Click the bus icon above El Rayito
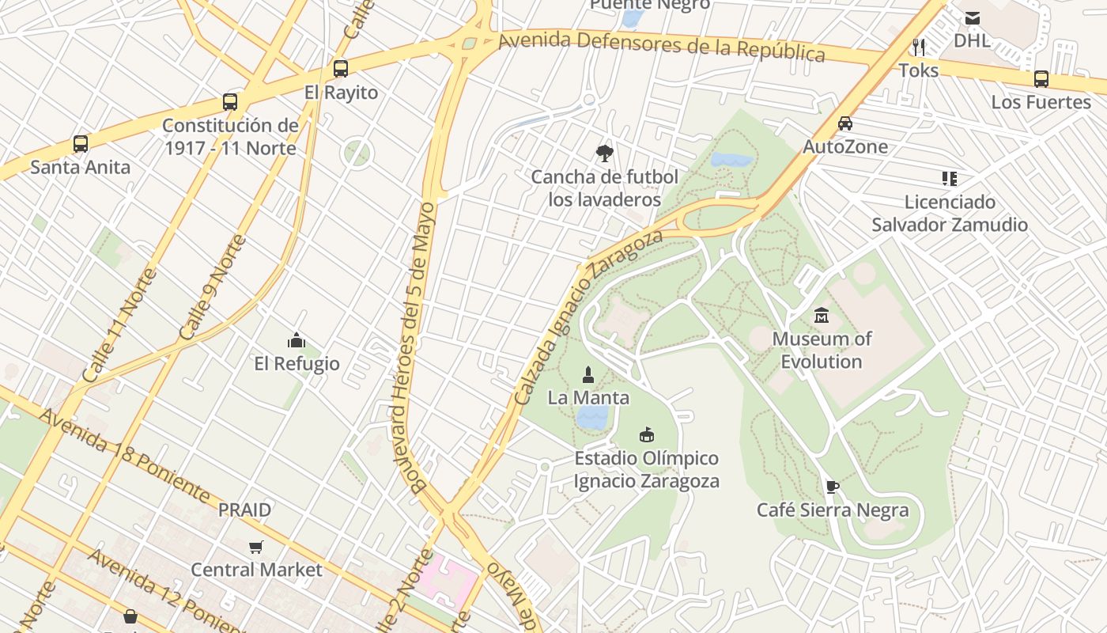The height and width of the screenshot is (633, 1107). [x=341, y=69]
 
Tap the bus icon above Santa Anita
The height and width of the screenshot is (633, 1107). [x=81, y=144]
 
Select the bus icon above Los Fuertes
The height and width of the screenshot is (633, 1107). [x=1041, y=79]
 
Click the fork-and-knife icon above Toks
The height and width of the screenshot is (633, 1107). [x=919, y=47]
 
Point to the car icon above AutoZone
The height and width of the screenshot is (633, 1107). [x=845, y=123]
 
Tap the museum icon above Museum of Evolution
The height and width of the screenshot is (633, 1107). [x=822, y=316]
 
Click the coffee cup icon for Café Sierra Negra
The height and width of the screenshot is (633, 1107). [x=832, y=487]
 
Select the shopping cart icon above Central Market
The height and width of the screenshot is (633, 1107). [x=256, y=547]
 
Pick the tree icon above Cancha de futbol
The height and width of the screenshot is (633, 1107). [x=605, y=154]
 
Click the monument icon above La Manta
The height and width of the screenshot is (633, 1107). [x=588, y=374]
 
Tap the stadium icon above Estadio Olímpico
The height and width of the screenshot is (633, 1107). [x=647, y=434]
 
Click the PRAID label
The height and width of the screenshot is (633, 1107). [x=245, y=510]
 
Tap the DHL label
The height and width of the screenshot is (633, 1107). [x=972, y=40]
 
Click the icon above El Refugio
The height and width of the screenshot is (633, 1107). [x=297, y=341]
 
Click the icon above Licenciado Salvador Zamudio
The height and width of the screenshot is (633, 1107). [x=950, y=179]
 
